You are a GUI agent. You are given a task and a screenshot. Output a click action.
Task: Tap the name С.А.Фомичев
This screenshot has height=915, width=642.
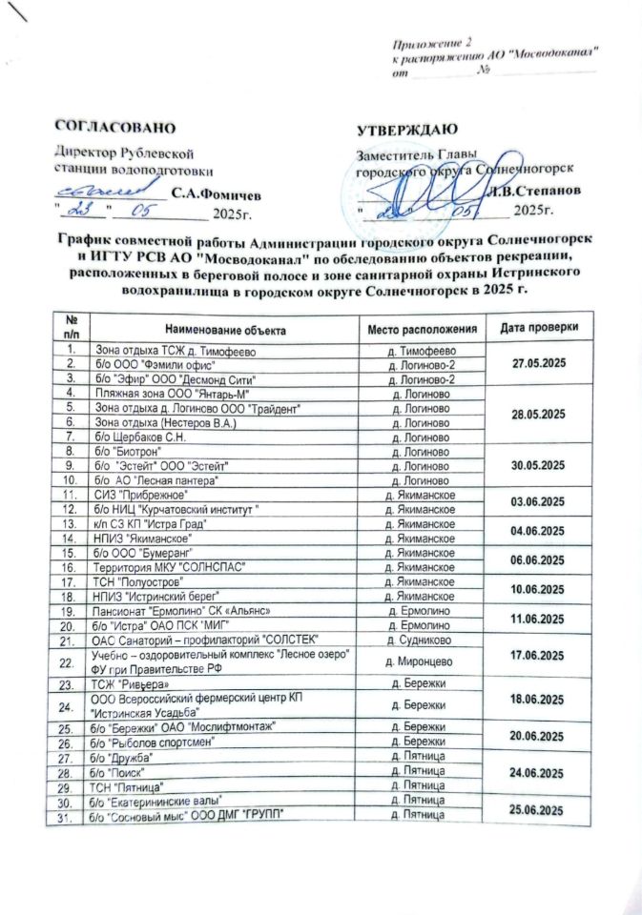[x=215, y=192]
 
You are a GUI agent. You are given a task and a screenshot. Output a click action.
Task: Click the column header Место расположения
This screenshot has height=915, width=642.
[x=423, y=329]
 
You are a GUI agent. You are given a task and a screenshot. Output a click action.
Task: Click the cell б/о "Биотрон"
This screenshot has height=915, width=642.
[x=124, y=450]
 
